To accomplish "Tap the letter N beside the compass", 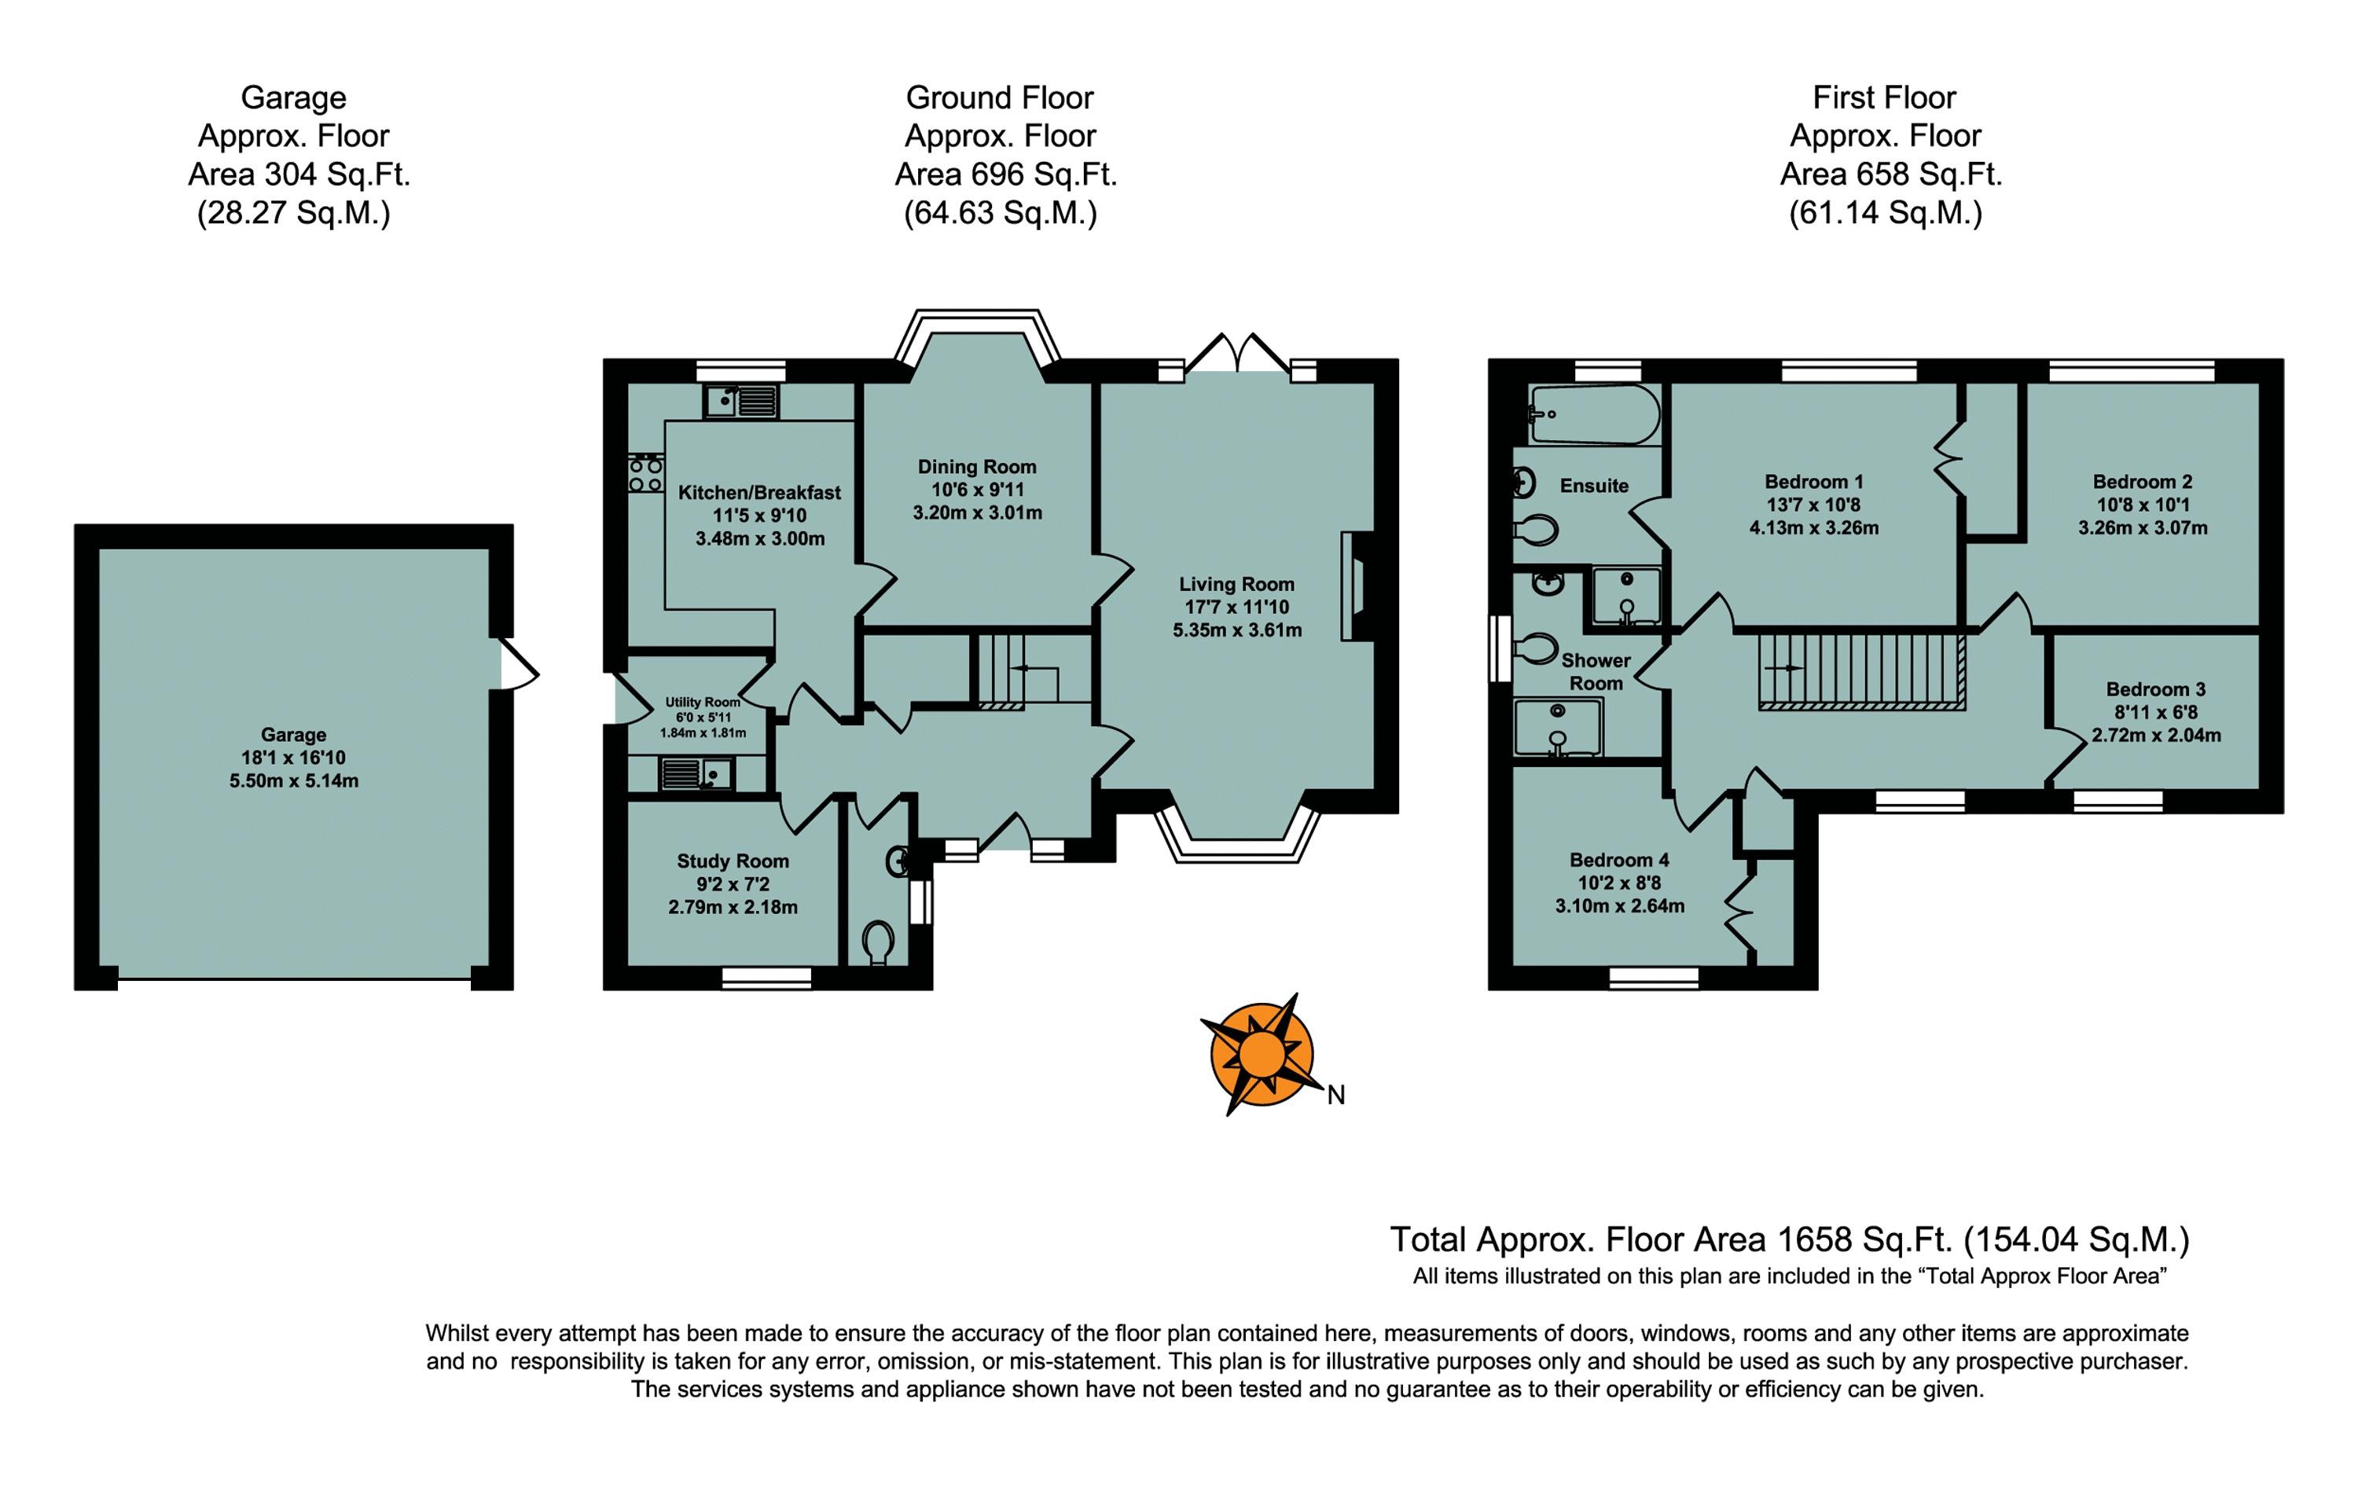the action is (x=1335, y=1096).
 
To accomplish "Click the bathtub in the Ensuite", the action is (x=1594, y=414).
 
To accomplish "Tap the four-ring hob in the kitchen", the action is (x=645, y=475).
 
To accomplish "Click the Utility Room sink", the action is (x=697, y=774).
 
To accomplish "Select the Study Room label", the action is (x=733, y=861).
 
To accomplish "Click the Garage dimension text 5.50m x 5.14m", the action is (x=294, y=781).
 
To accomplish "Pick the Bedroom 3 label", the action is (x=2156, y=689).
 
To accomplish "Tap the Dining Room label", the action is (x=976, y=467).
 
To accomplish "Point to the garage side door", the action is (x=519, y=663).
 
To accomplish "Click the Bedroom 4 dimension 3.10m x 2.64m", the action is (x=1620, y=906).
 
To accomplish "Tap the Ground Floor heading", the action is (x=1000, y=98).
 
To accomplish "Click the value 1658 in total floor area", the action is (x=1812, y=1239).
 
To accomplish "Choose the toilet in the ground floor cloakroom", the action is (x=879, y=945).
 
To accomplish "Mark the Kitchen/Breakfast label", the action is (x=759, y=493).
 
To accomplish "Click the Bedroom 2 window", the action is (x=2132, y=371).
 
